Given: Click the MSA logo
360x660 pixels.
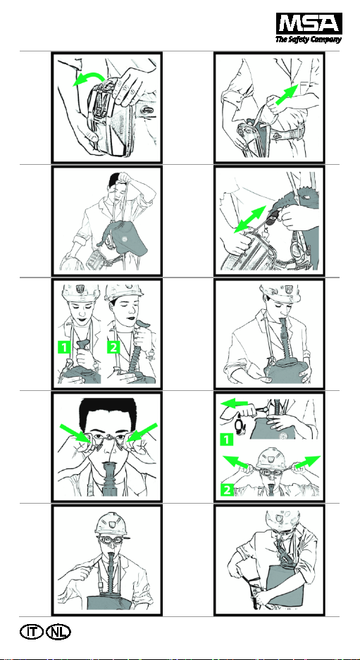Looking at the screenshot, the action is [x=309, y=23].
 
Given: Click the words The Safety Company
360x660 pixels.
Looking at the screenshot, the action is [x=309, y=39].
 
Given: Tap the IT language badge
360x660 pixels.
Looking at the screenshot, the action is [x=31, y=633].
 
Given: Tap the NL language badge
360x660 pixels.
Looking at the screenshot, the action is [x=58, y=633].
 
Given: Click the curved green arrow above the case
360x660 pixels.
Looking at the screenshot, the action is [x=89, y=76].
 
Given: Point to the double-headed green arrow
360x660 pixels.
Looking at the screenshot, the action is [x=250, y=219].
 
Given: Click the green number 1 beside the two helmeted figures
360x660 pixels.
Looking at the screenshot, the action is [x=64, y=348].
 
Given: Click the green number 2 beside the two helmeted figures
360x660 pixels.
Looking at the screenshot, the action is [x=114, y=348].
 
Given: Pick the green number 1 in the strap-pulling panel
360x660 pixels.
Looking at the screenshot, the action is [x=228, y=440].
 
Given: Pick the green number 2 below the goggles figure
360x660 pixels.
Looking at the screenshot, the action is [x=228, y=490].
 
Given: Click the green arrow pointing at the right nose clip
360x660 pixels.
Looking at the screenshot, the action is [x=142, y=433].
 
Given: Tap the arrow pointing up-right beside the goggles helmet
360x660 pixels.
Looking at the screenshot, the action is [x=307, y=462].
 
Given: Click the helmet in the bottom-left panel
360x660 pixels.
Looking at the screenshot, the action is [x=111, y=525].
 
